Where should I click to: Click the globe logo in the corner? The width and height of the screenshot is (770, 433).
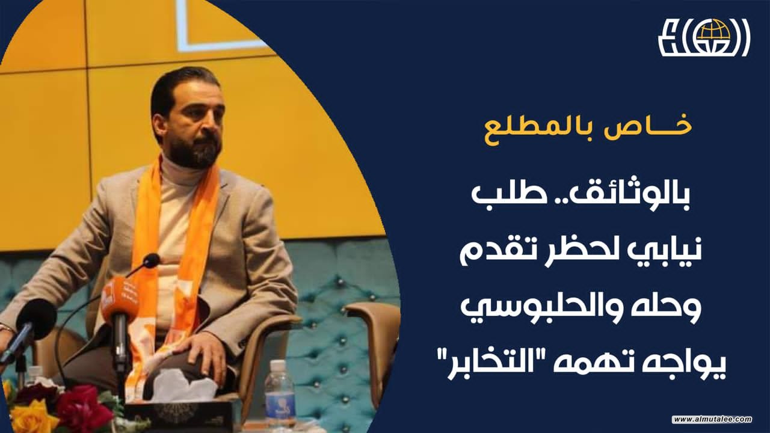(x=704, y=37)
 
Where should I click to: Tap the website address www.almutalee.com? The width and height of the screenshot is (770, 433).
(x=712, y=419)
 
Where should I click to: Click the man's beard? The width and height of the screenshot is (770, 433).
(x=194, y=148)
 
